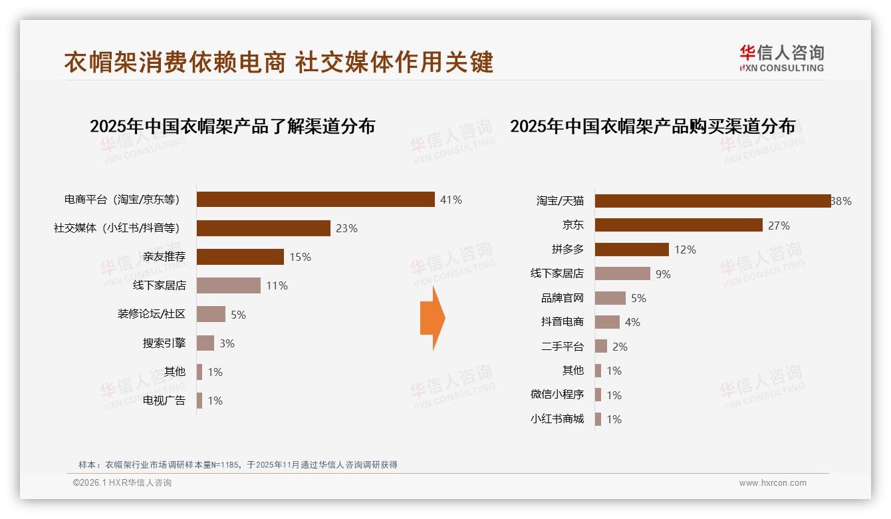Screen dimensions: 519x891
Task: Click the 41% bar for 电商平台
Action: tap(315, 200)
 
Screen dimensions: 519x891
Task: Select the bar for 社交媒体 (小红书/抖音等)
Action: tap(263, 228)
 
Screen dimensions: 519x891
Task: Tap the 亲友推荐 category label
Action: tap(164, 257)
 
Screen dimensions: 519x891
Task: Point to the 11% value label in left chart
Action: tap(277, 285)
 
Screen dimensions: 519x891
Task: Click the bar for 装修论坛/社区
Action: tap(211, 314)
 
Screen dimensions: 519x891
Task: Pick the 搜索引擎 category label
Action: tap(164, 343)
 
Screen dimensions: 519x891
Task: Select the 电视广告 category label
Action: tap(164, 401)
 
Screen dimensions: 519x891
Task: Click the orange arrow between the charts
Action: tap(432, 319)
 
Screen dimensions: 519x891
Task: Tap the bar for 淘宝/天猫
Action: tap(712, 201)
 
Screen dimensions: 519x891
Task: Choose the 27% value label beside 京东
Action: tap(779, 226)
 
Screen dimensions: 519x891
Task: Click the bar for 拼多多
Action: tap(632, 250)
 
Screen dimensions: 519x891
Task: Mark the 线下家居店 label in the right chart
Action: tap(557, 273)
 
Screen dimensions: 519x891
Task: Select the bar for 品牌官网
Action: tap(610, 298)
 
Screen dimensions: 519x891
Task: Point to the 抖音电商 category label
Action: tap(562, 322)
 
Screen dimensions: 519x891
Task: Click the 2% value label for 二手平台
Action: tap(620, 347)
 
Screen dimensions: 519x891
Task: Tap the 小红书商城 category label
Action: tap(557, 419)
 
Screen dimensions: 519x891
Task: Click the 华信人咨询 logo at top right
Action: tap(781, 59)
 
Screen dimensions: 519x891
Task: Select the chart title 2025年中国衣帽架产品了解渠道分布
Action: tap(232, 126)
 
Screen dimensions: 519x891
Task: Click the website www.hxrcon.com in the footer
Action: tap(773, 483)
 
